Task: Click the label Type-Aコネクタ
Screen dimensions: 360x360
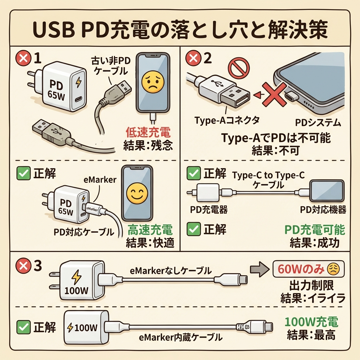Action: pos(227,120)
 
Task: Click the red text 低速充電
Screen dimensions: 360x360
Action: pos(148,133)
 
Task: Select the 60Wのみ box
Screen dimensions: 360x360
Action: pos(308,270)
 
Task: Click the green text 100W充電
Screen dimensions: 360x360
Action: pos(311,322)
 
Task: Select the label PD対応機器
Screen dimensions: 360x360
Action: pos(323,210)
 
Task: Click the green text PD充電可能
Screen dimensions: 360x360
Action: pos(314,230)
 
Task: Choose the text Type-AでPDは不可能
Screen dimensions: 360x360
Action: pos(276,138)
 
